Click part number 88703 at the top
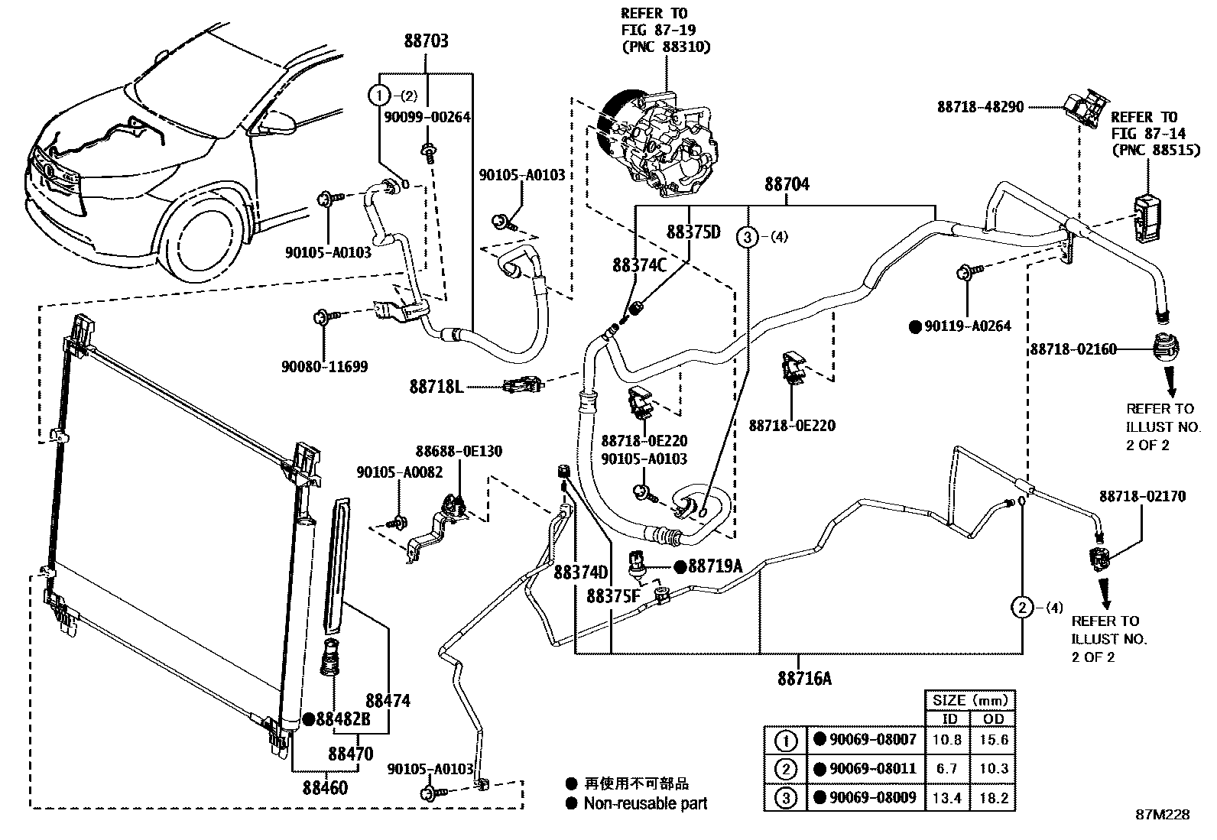[x=426, y=41]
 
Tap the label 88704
[x=787, y=184]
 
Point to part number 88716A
[x=804, y=678]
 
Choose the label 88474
[x=388, y=700]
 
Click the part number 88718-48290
[x=981, y=108]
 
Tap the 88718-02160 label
[x=1073, y=349]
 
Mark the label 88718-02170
[x=1143, y=496]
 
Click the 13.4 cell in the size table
[x=947, y=799]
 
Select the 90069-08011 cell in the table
[x=873, y=769]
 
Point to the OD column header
[x=994, y=719]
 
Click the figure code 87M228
[x=1162, y=815]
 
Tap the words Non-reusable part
[x=645, y=803]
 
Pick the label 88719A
[x=715, y=566]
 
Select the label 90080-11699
[x=324, y=367]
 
